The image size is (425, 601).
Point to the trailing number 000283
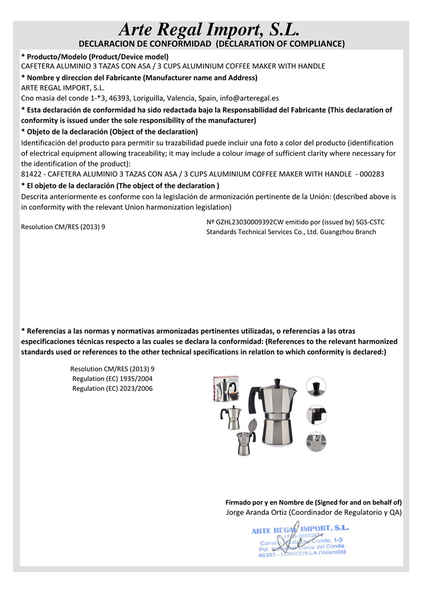(372, 174)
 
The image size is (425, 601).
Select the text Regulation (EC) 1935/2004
(113, 378)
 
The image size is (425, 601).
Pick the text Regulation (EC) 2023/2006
(113, 388)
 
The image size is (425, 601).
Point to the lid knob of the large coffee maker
(277, 381)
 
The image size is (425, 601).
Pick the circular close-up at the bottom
(317, 442)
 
